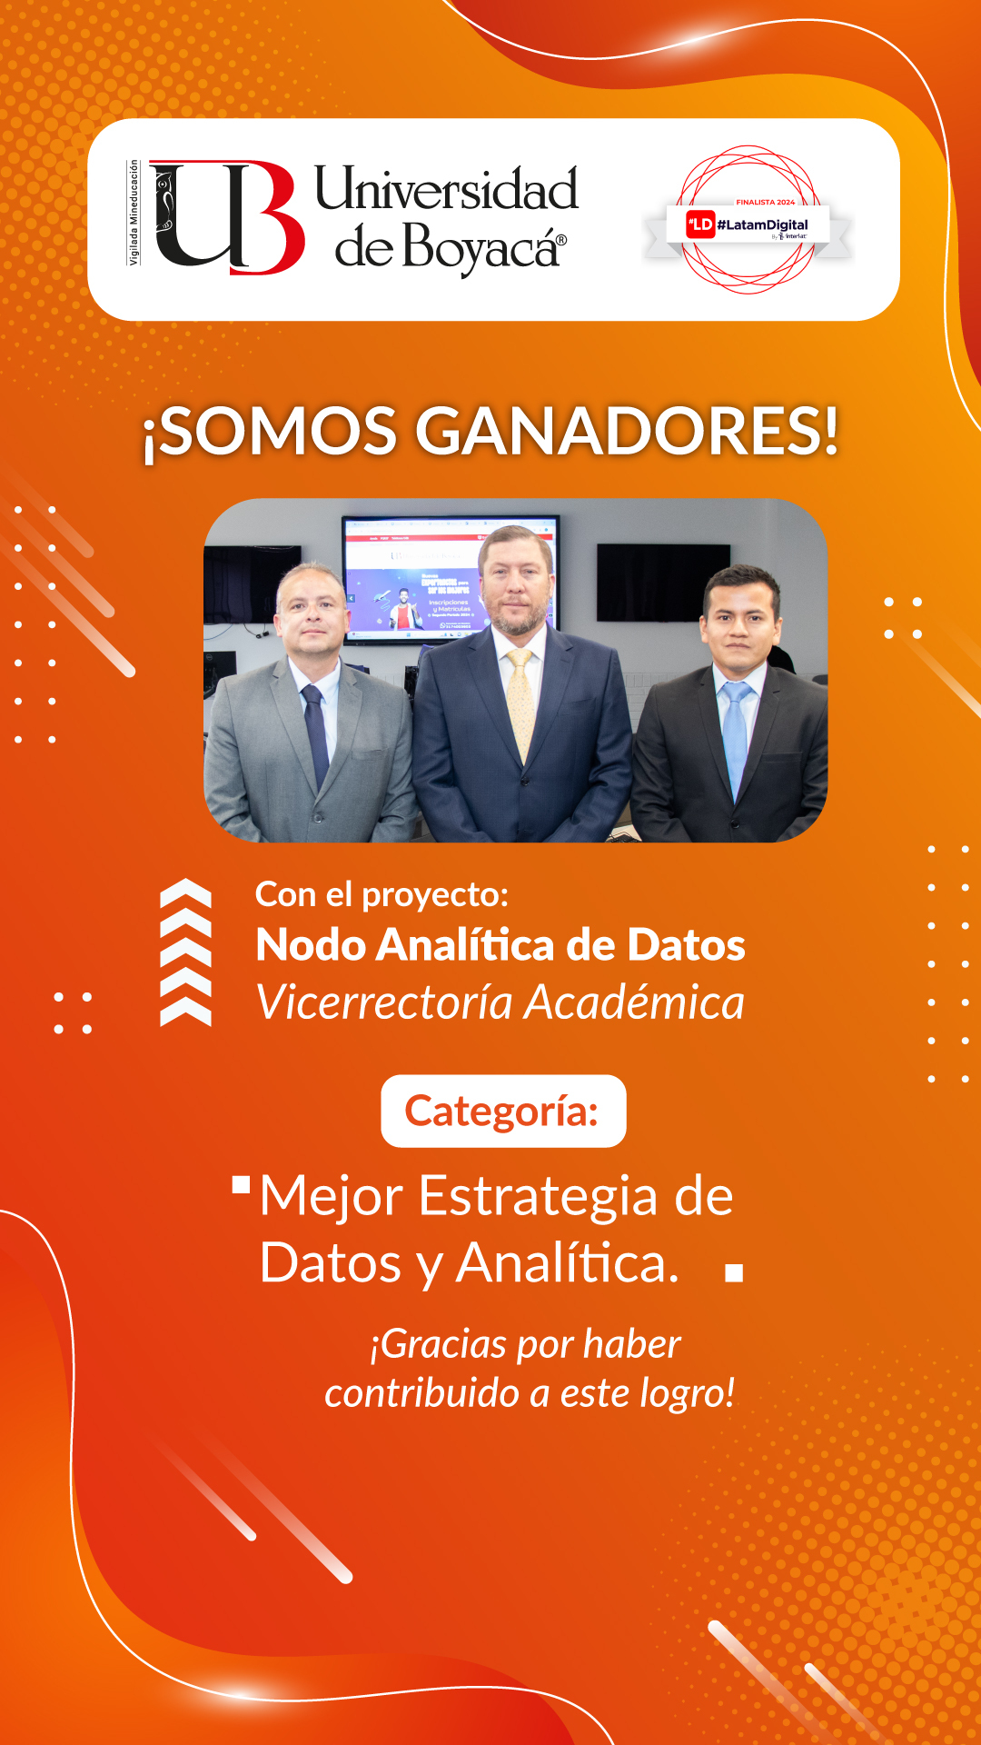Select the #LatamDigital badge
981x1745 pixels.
[x=748, y=224]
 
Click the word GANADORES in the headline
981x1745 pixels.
[x=627, y=431]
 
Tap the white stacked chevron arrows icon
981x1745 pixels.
[x=185, y=952]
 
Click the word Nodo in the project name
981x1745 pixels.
[x=311, y=945]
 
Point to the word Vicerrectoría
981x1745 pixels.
[x=385, y=1002]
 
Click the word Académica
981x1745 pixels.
[x=635, y=1002]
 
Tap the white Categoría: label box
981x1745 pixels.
[x=503, y=1111]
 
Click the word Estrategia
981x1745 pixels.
[x=538, y=1196]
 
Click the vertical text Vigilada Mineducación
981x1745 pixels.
[x=134, y=213]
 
